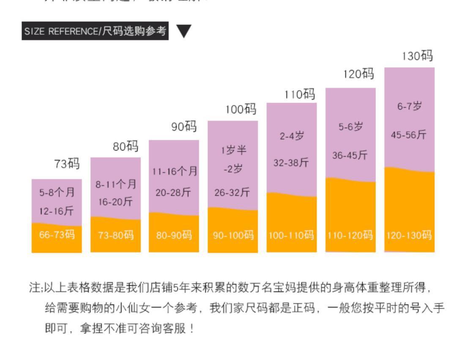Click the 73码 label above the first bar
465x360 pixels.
(x=67, y=164)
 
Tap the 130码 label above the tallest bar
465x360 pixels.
(x=417, y=56)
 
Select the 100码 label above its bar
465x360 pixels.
(x=241, y=110)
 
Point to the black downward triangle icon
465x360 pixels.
(x=184, y=31)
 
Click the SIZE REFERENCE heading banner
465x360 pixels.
(x=95, y=31)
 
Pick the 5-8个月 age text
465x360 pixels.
(x=57, y=193)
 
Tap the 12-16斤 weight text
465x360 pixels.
(x=57, y=210)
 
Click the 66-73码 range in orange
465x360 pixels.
(x=57, y=235)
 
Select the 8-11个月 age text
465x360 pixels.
(x=116, y=184)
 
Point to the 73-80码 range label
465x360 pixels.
(x=116, y=235)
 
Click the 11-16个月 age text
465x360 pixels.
(x=175, y=172)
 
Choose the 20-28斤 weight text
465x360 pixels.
(x=173, y=193)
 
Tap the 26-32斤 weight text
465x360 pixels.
(x=232, y=193)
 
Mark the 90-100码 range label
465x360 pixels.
(x=233, y=235)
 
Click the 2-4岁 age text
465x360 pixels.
(x=292, y=137)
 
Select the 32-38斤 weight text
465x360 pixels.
(x=291, y=162)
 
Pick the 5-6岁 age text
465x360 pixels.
(x=350, y=127)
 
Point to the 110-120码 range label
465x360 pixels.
(x=350, y=235)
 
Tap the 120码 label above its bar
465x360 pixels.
(x=358, y=74)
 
